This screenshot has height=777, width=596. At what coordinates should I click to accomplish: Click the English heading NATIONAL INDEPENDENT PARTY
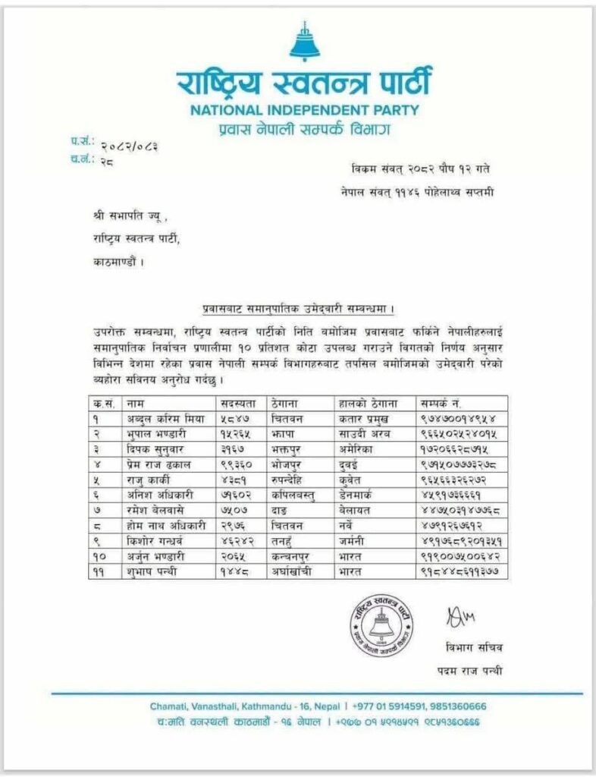tap(304, 109)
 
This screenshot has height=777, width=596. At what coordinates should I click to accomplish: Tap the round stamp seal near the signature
tap(381, 624)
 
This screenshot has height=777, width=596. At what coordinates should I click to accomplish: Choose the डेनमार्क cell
tap(359, 497)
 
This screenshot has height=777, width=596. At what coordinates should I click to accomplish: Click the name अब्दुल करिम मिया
tap(162, 418)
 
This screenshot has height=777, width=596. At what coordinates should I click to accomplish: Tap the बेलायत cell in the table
tap(356, 513)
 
